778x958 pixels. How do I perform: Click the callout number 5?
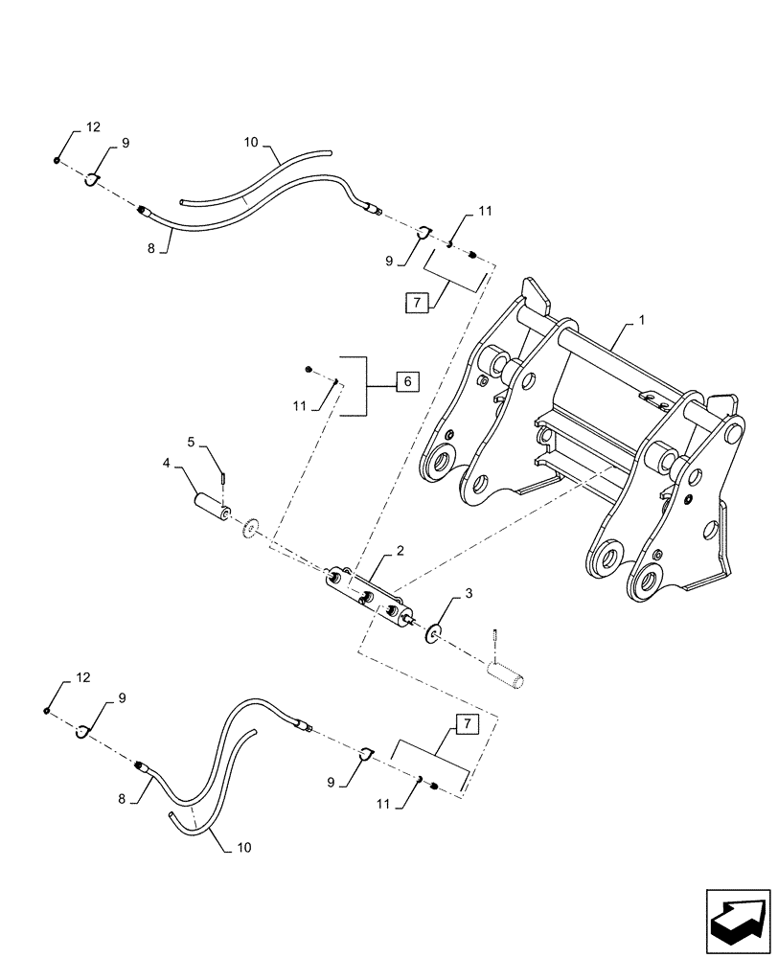(x=191, y=443)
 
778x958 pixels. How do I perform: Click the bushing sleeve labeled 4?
(x=210, y=505)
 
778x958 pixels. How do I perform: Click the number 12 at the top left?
(x=92, y=126)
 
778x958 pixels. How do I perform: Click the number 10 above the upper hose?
(x=250, y=142)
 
